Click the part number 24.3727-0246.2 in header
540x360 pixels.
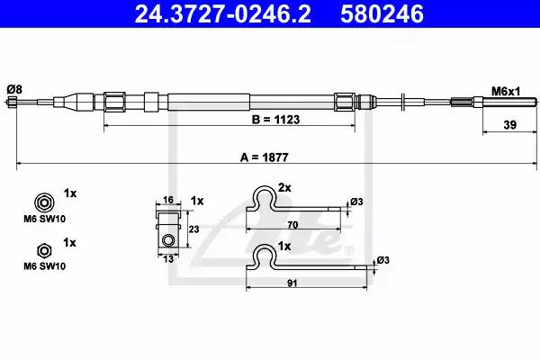tap(223, 14)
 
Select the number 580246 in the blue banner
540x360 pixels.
tap(382, 14)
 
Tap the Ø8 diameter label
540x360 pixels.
tap(14, 90)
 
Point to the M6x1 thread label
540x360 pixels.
tap(506, 91)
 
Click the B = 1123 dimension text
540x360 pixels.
tap(276, 120)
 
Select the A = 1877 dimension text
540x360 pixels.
tap(264, 157)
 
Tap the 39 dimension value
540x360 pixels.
tap(510, 125)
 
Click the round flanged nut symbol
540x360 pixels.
tap(44, 202)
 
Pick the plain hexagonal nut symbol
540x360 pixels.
tap(44, 251)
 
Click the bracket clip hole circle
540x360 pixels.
tap(168, 239)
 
